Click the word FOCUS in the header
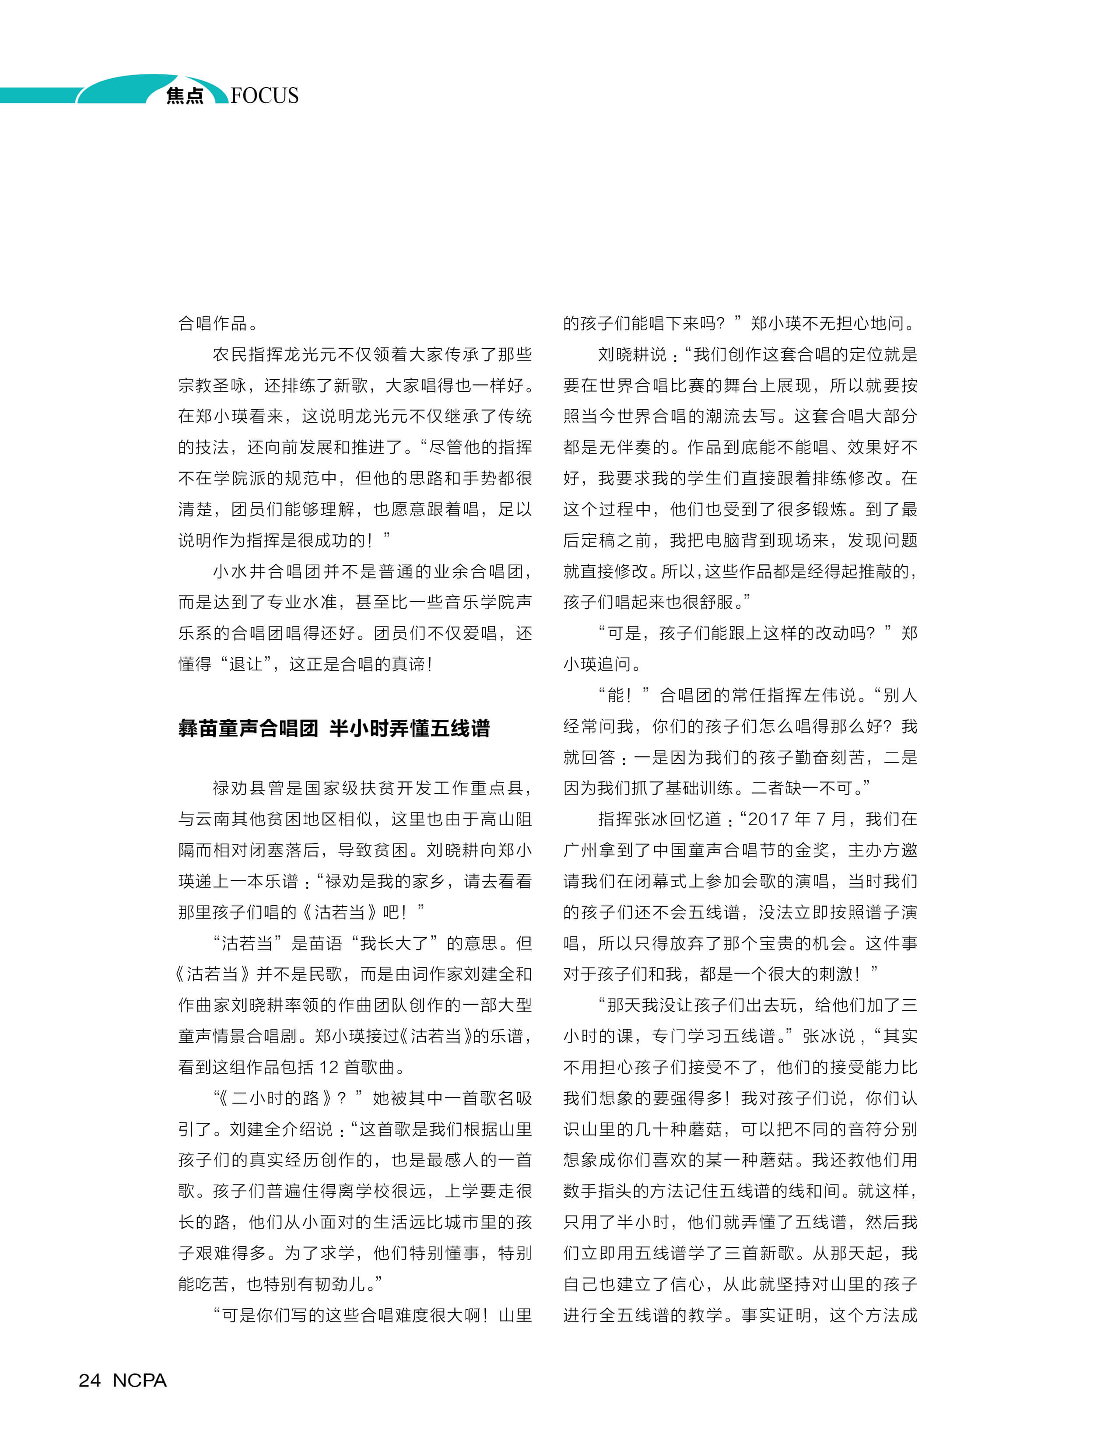(x=265, y=95)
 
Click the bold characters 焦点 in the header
(x=185, y=96)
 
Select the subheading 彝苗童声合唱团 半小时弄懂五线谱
(x=334, y=728)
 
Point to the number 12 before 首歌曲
(x=329, y=1067)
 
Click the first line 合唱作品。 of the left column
(x=218, y=323)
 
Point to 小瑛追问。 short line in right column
(x=602, y=664)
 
